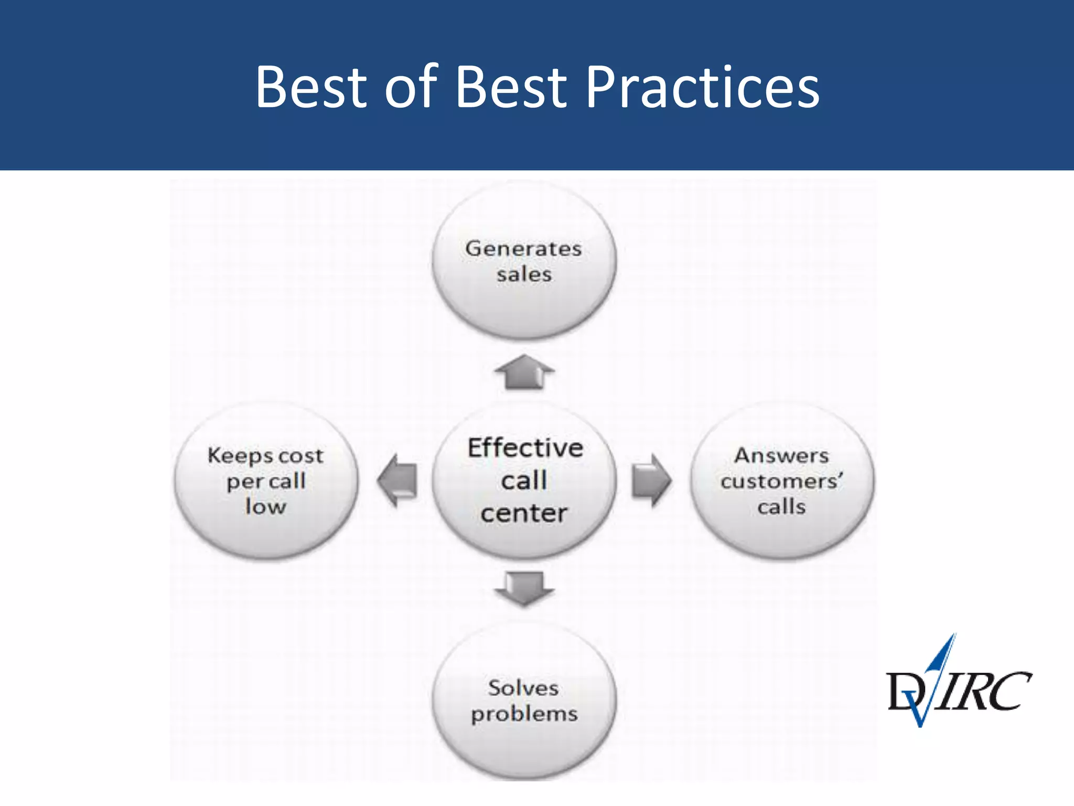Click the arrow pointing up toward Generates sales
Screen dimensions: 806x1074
524,372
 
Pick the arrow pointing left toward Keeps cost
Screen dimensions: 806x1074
398,480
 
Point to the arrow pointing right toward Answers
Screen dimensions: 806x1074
651,480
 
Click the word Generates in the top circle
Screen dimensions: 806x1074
523,248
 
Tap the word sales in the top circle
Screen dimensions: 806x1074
524,274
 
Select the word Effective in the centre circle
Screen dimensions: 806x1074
525,448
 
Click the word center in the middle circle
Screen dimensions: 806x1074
524,513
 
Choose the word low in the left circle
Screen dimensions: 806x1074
266,507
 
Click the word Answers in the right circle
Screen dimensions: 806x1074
781,455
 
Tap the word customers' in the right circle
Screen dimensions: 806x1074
781,481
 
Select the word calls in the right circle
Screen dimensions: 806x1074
781,507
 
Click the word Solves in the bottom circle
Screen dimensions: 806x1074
523,688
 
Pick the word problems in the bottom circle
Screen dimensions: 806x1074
524,714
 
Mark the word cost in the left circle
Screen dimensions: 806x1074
300,455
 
